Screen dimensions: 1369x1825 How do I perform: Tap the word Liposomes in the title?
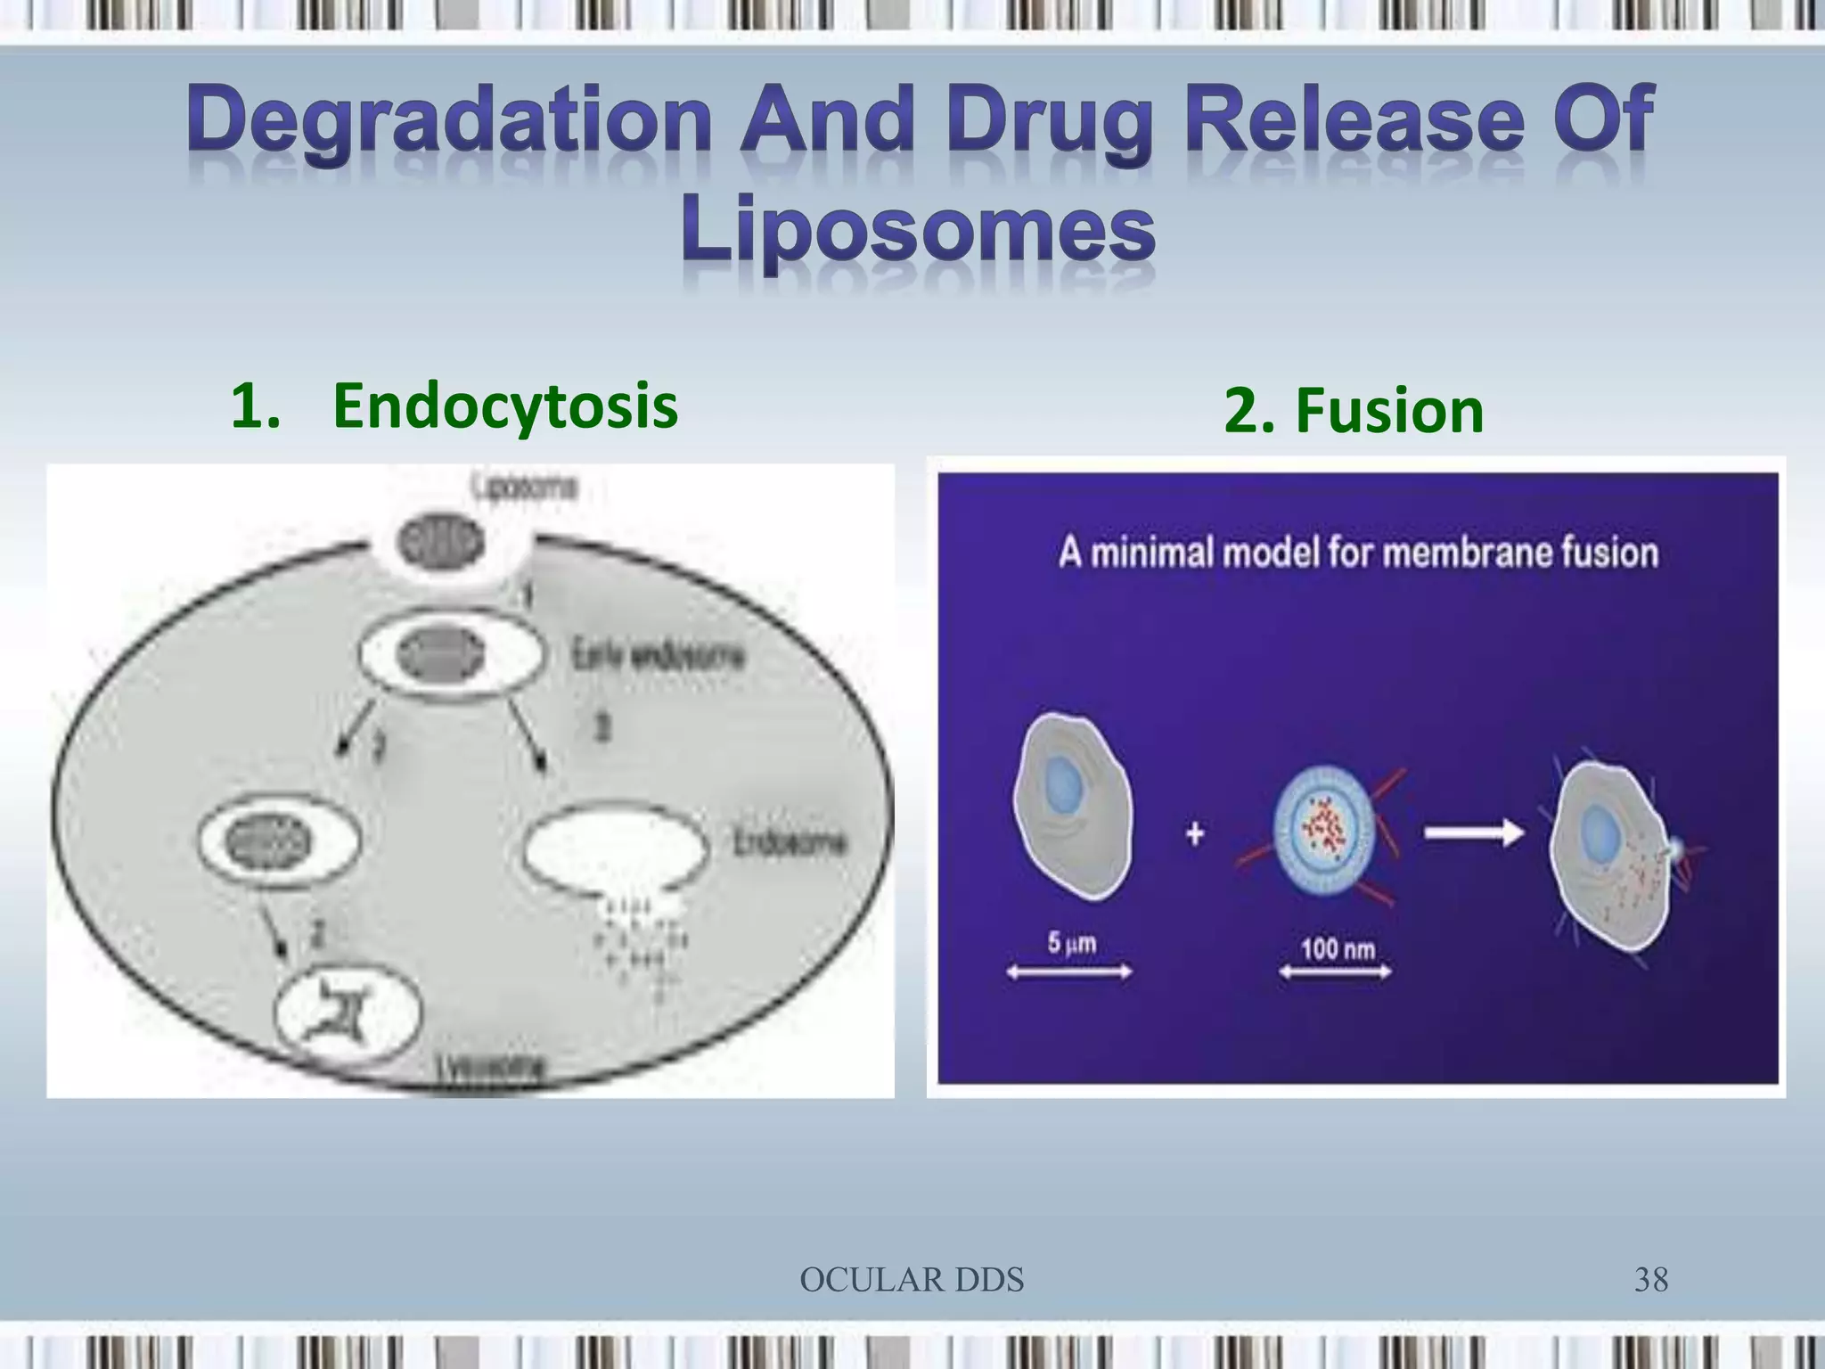pos(918,231)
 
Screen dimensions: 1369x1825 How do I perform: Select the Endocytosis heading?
pos(503,406)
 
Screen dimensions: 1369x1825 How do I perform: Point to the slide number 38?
pos(1650,1280)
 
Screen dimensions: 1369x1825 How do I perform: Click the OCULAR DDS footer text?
pos(912,1280)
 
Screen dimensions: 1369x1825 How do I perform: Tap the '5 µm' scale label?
pos(1070,942)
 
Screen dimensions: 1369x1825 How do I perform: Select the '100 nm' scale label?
pos(1337,947)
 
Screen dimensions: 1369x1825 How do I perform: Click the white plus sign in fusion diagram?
pos(1195,834)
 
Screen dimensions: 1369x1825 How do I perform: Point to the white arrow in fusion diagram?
pos(1473,833)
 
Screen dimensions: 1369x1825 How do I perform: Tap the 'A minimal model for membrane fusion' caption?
pos(1357,553)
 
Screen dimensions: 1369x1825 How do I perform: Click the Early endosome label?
pos(657,657)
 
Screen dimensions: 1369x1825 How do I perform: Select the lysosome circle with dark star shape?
pos(347,1016)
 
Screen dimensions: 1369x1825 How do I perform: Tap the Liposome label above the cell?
pos(525,487)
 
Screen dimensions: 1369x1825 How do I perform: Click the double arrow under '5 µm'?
pos(1068,972)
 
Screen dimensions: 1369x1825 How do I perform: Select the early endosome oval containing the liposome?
pos(450,655)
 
